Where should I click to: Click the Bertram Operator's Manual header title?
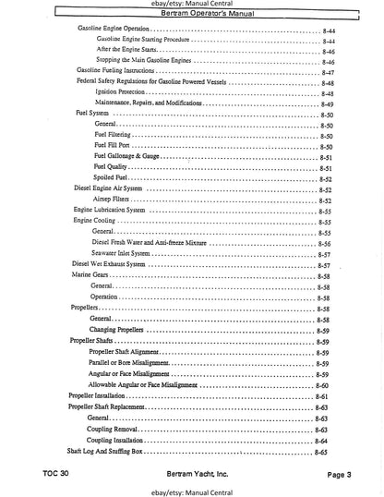point(192,18)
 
